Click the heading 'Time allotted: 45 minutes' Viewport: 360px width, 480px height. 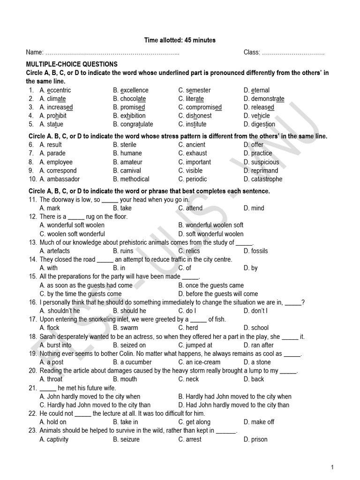[180, 40]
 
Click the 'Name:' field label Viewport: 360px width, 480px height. [35, 52]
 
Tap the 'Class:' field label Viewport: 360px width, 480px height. [252, 52]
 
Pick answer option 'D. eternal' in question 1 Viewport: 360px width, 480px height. [256, 90]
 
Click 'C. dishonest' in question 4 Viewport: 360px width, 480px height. [195, 116]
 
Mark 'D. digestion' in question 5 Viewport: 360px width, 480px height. [259, 124]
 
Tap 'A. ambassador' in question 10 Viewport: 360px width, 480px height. [60, 179]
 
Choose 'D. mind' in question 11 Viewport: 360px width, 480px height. [254, 208]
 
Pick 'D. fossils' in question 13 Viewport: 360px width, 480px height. [255, 251]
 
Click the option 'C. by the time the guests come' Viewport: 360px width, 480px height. [81, 294]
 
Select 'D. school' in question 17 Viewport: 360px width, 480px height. [256, 328]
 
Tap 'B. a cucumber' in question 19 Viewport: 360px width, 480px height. [132, 362]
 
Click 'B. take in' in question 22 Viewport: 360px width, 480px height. [125, 422]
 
